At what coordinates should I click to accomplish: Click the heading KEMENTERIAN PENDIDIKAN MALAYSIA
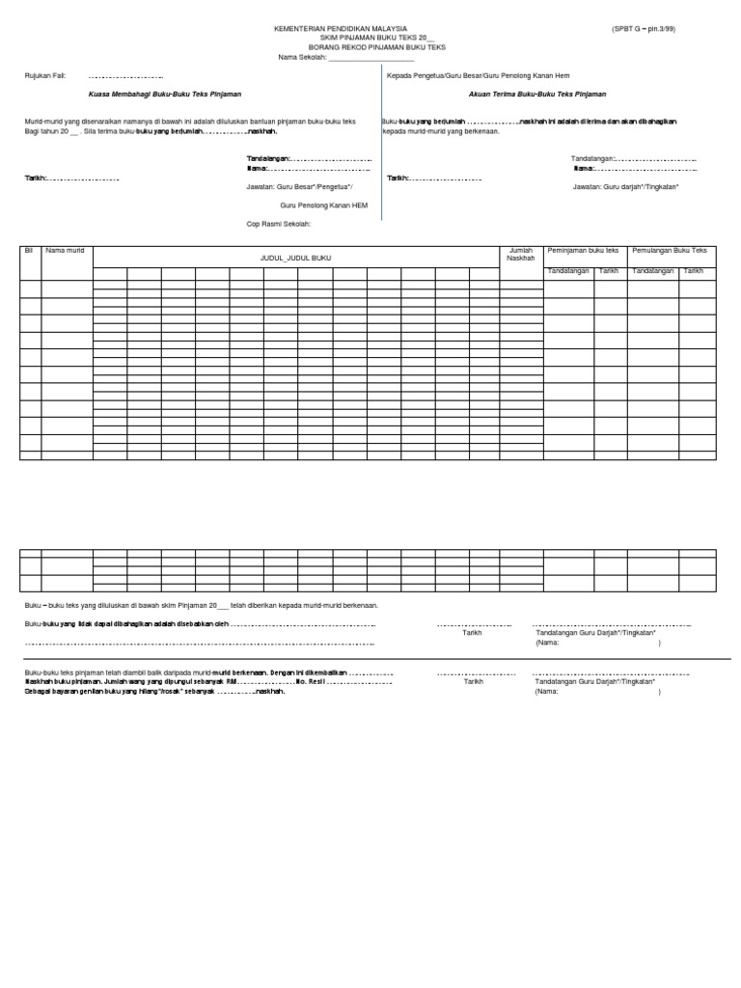click(342, 30)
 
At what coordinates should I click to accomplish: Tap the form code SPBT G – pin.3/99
click(644, 30)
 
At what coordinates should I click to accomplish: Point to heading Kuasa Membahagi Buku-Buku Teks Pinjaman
click(164, 95)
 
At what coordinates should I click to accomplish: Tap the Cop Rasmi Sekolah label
click(279, 223)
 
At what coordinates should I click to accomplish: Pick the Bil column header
click(28, 251)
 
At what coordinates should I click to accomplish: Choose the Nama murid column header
click(65, 251)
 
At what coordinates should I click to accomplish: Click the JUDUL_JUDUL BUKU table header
click(296, 259)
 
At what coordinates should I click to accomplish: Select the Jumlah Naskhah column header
click(520, 255)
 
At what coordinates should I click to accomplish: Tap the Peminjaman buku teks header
click(584, 251)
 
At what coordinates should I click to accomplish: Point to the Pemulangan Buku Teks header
click(671, 251)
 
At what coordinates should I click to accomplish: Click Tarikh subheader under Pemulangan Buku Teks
click(694, 271)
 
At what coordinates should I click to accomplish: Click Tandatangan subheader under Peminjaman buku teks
click(568, 271)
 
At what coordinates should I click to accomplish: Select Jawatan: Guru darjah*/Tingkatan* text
click(625, 186)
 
